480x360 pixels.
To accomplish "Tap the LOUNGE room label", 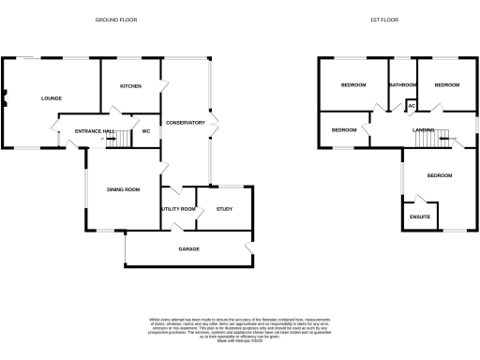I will [51, 97].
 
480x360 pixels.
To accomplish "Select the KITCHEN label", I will [130, 85].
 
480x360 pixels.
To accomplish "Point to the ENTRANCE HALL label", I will [96, 131].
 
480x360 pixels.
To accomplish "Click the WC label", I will [145, 131].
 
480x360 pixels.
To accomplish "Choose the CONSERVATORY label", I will [186, 123].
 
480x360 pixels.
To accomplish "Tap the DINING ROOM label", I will [123, 190].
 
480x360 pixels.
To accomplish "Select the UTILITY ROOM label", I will [178, 209].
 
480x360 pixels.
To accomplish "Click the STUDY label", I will [224, 209].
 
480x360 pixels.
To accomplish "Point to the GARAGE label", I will [189, 249].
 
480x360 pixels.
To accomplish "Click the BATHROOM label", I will [403, 85].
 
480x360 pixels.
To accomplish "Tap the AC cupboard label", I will [411, 105].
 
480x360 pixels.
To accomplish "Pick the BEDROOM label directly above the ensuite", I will [440, 175].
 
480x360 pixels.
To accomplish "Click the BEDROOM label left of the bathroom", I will [353, 85].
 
